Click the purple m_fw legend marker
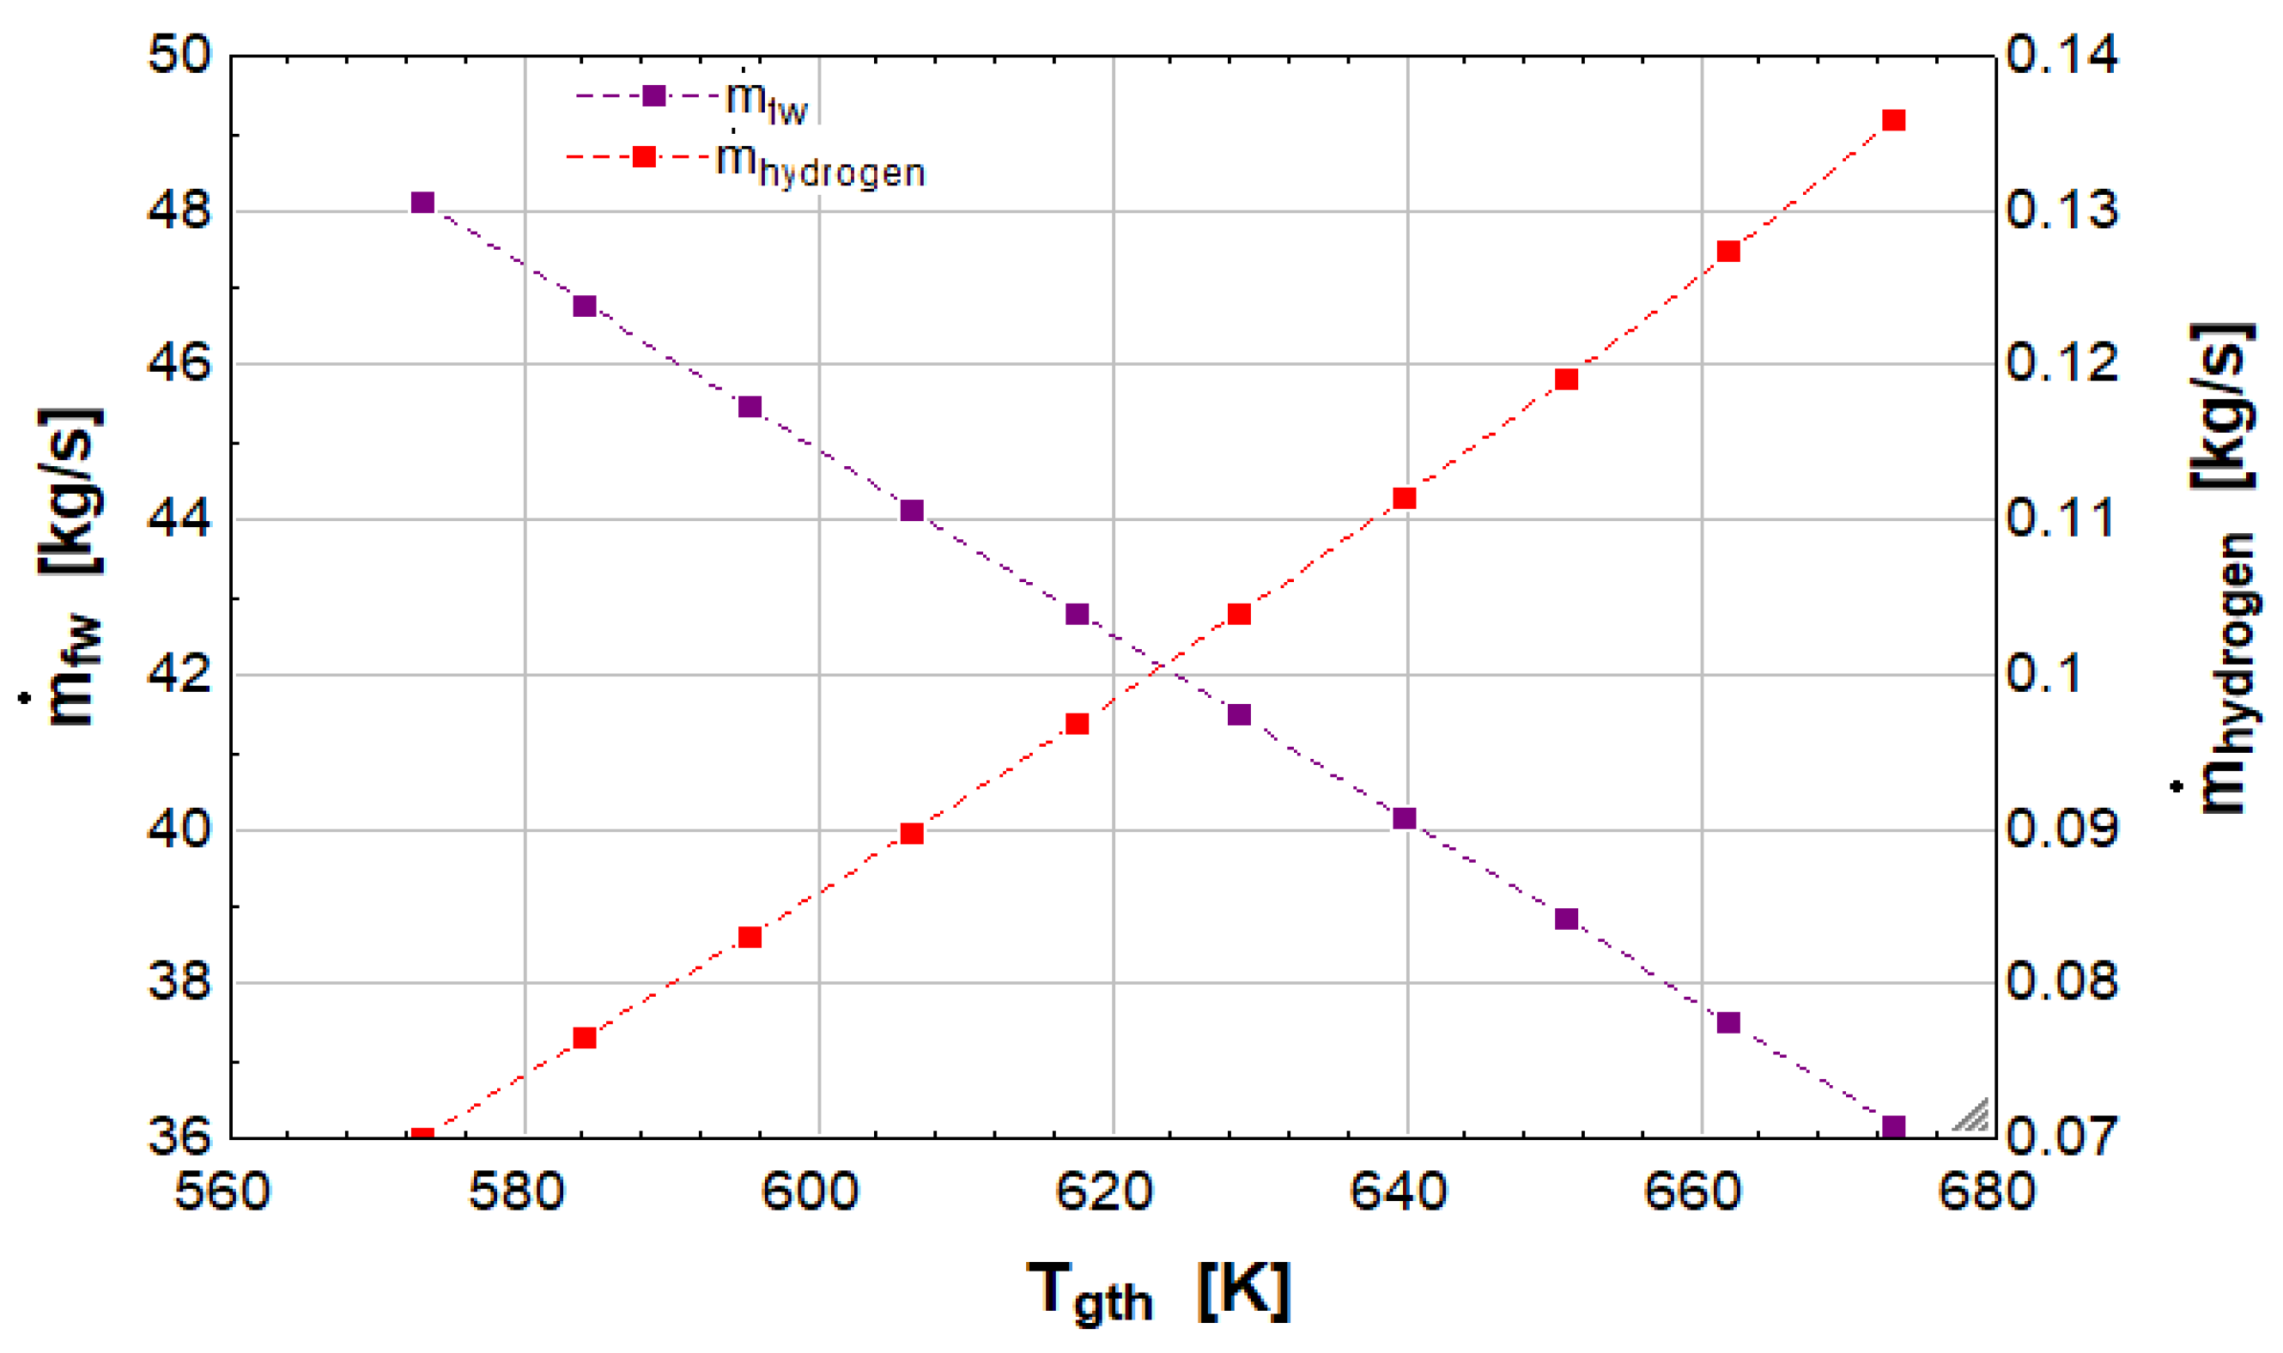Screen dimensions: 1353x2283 tap(653, 96)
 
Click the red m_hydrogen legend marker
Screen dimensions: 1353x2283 tap(644, 157)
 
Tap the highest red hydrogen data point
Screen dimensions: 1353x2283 tap(1894, 120)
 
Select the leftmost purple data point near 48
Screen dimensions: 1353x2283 tap(422, 203)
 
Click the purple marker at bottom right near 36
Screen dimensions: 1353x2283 tap(1894, 1128)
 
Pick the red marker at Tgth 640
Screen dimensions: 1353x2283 tap(1405, 499)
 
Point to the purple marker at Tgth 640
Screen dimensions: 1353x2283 tap(1405, 819)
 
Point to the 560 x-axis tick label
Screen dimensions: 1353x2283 tap(222, 1192)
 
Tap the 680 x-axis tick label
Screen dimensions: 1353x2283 tap(1987, 1192)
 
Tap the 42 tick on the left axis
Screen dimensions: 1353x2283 tap(179, 675)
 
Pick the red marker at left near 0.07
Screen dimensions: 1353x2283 tap(422, 1135)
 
